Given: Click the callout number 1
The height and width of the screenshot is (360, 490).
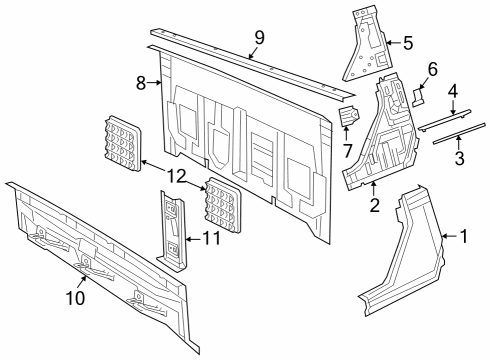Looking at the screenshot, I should (463, 237).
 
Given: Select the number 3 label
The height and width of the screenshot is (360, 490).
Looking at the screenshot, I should (459, 158).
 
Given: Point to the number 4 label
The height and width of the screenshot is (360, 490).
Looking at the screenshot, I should (452, 90).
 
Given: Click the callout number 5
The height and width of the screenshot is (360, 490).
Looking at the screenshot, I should (407, 43).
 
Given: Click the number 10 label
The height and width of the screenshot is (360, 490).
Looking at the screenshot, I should (76, 296).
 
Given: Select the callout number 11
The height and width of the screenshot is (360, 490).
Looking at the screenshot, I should (211, 238).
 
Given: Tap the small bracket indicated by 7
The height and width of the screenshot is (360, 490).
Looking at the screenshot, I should (350, 119).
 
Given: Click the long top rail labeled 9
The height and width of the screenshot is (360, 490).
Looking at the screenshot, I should (250, 62).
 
